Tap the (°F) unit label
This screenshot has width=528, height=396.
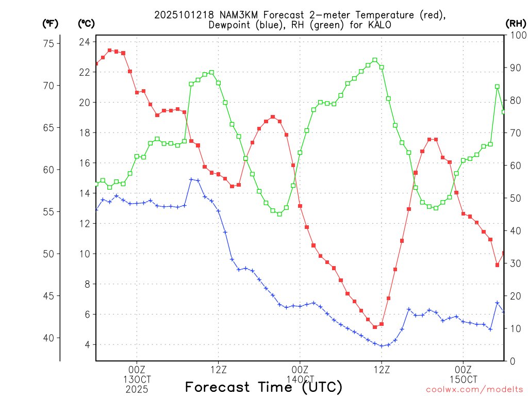point(50,23)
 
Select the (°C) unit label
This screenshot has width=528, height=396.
point(86,23)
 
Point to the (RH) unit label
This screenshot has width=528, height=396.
point(515,23)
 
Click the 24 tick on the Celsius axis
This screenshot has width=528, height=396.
point(85,42)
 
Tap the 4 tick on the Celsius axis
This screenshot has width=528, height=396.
point(87,344)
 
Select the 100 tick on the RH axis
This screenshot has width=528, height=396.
point(516,35)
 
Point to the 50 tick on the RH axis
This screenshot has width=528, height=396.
point(514,198)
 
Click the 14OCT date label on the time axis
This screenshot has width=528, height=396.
point(300,379)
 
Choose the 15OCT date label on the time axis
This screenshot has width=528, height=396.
point(463,379)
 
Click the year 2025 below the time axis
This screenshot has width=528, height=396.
point(137,389)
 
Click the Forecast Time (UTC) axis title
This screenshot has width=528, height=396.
point(263,387)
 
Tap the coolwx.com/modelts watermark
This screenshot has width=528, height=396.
point(474,389)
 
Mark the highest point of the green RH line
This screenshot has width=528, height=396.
point(375,60)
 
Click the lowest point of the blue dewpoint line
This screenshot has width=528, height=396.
point(382,346)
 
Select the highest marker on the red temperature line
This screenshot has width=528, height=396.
point(109,51)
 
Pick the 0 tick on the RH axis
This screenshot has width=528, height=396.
point(511,361)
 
